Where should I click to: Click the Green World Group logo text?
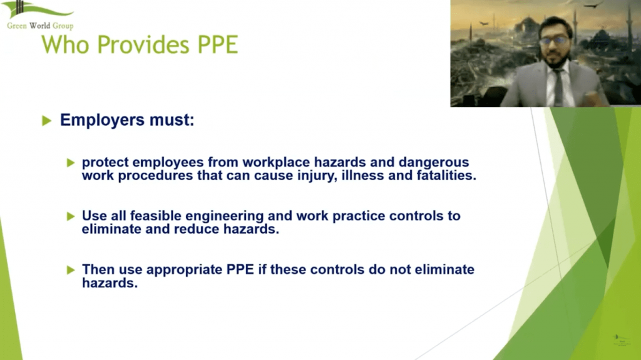click(x=40, y=26)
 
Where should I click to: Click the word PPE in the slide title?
click(x=218, y=44)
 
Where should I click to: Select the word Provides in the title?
click(x=143, y=44)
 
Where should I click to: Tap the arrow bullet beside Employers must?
click(x=46, y=121)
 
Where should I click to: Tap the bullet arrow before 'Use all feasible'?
click(x=71, y=216)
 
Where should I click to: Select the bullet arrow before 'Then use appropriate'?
click(x=71, y=270)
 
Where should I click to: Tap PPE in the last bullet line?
click(x=240, y=270)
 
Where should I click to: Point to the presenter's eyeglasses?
click(x=553, y=41)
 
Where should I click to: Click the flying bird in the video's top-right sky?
click(x=593, y=5)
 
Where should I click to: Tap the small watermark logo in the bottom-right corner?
click(x=622, y=340)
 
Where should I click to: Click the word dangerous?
click(x=434, y=162)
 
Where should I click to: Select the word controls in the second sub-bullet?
click(x=419, y=216)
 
